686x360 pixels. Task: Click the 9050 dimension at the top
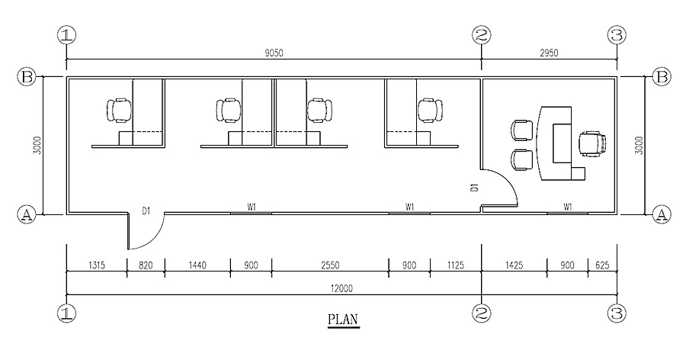(x=274, y=53)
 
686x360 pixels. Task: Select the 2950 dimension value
(x=549, y=53)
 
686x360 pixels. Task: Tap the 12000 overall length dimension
(x=341, y=288)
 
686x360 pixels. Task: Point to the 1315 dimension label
(x=97, y=265)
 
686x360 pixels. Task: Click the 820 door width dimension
(x=146, y=265)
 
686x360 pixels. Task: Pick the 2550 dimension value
(x=330, y=265)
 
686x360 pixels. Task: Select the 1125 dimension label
(x=456, y=265)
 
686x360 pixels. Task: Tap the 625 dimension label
(x=602, y=265)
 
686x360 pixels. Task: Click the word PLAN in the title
(x=344, y=320)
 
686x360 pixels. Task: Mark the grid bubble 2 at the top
(x=482, y=35)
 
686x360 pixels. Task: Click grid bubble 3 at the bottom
(x=617, y=313)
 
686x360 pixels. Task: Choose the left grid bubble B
(x=26, y=77)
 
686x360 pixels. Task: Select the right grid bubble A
(x=662, y=214)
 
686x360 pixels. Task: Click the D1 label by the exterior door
(x=146, y=211)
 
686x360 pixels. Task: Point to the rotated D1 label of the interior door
(x=474, y=188)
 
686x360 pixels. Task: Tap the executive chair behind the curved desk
(x=593, y=143)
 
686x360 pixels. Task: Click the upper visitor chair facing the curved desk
(x=522, y=130)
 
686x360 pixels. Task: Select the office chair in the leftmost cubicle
(x=119, y=110)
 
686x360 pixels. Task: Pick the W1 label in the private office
(x=567, y=206)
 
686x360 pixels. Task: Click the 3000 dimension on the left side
(x=37, y=146)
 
